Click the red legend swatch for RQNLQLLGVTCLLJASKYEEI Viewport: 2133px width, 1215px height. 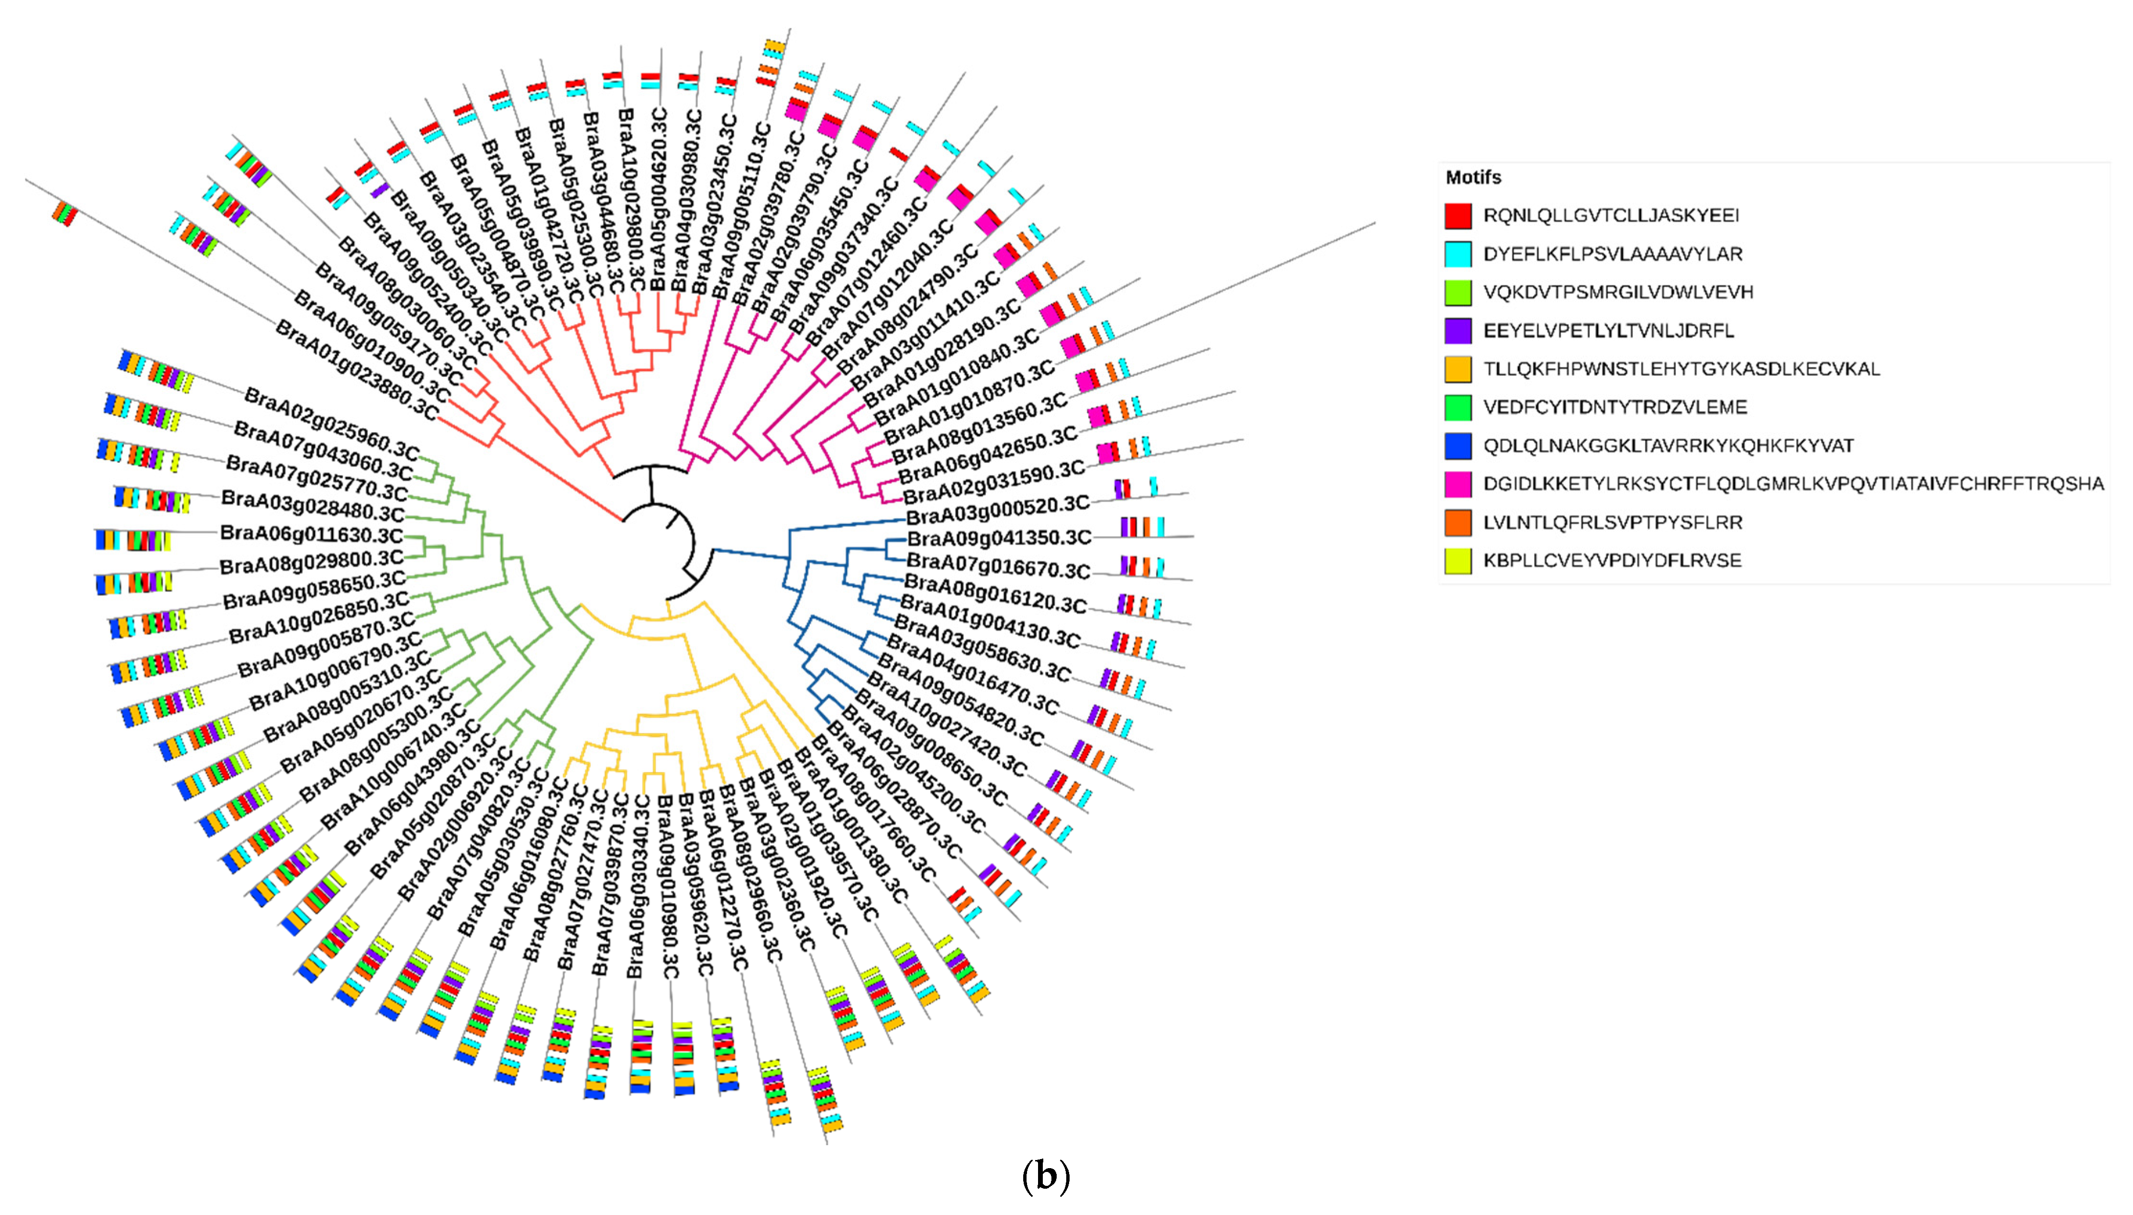tap(1458, 215)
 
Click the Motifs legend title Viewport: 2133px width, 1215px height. tap(1473, 177)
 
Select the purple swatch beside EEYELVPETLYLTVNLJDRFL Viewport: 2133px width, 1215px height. tap(1458, 330)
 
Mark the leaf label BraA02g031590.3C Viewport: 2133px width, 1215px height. tap(994, 482)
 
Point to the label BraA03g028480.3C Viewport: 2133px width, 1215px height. tap(312, 506)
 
